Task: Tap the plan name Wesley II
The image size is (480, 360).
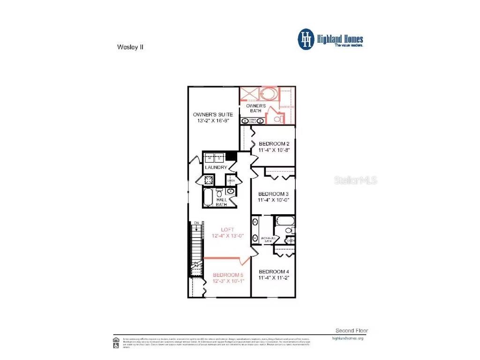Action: (x=127, y=47)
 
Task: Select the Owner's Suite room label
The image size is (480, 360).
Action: (x=213, y=114)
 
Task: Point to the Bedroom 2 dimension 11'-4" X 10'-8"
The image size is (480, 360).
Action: (x=274, y=151)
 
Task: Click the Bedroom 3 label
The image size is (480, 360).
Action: (x=273, y=194)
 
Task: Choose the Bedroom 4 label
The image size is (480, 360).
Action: (x=273, y=271)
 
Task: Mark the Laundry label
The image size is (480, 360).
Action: (x=216, y=167)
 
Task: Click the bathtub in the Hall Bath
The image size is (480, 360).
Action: (x=208, y=197)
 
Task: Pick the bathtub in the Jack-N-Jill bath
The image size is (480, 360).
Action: (x=285, y=221)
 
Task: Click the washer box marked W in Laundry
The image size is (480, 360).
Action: (x=210, y=157)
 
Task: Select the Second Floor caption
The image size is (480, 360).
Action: (x=352, y=330)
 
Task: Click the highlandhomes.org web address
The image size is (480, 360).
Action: (x=347, y=338)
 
